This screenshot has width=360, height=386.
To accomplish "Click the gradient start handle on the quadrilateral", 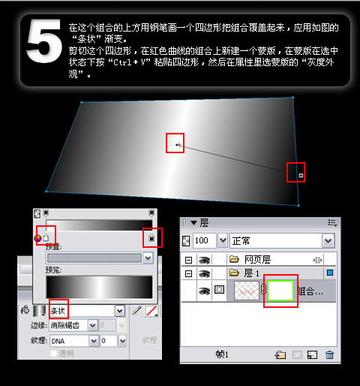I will pyautogui.click(x=176, y=143).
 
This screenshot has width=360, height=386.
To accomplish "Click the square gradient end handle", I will pyautogui.click(x=300, y=176).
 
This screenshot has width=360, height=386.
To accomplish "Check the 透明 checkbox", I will pyautogui.click(x=53, y=353).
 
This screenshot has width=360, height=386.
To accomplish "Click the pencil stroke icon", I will pyautogui.click(x=136, y=310).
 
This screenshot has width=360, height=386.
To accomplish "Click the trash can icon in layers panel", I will pyautogui.click(x=328, y=354).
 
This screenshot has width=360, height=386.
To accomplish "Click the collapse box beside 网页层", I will pyautogui.click(x=188, y=258).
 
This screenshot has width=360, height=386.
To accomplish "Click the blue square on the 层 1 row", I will pyautogui.click(x=330, y=273).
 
